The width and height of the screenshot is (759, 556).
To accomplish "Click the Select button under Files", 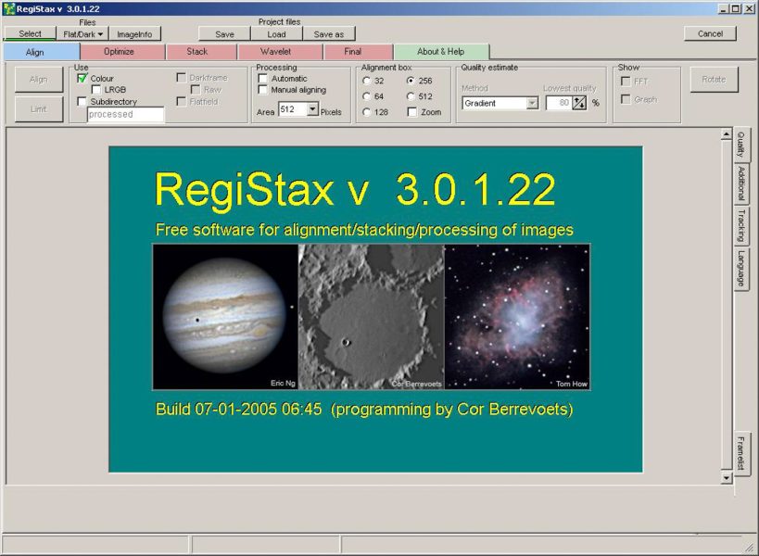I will (x=30, y=34).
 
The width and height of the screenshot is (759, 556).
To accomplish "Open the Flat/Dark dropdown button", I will (x=82, y=34).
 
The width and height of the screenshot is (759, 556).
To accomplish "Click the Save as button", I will (x=328, y=34).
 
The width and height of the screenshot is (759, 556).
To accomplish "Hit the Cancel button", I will (x=710, y=34).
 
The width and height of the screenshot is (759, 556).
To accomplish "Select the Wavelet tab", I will (x=276, y=52).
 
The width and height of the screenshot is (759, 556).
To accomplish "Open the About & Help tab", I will (x=441, y=52).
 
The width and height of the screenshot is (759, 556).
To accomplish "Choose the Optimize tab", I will (x=120, y=52).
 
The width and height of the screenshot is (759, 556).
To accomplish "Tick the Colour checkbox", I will (x=82, y=79).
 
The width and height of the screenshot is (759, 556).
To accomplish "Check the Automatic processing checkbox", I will (x=263, y=79).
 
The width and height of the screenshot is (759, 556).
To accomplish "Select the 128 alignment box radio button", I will (x=367, y=112).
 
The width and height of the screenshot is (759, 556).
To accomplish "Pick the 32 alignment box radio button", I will (x=367, y=81).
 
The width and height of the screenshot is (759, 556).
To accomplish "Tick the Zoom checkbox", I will (x=412, y=112).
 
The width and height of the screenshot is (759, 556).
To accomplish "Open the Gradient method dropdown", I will (x=532, y=103).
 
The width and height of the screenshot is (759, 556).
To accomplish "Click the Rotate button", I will (x=714, y=80).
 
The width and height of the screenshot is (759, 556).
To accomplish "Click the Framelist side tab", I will (x=743, y=454).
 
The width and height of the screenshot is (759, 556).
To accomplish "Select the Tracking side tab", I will (x=742, y=225).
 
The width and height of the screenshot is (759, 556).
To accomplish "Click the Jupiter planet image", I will (x=223, y=315).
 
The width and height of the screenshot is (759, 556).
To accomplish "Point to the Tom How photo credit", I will (x=568, y=383).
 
